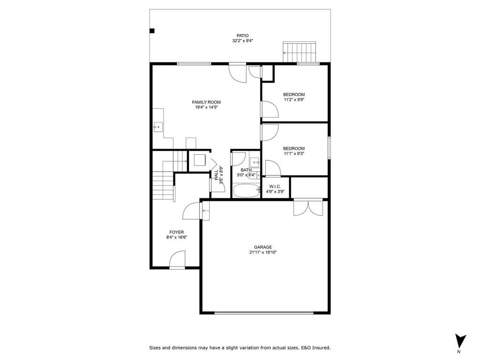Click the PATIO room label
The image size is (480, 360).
[242, 35]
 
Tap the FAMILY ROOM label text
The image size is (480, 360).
[206, 102]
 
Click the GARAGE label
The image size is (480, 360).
[263, 247]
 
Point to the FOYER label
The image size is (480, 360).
[177, 232]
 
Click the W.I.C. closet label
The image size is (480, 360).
[275, 186]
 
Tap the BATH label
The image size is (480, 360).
[246, 170]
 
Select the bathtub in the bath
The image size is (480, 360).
[246, 191]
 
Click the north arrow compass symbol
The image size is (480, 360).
[460, 341]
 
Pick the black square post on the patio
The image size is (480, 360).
[151, 31]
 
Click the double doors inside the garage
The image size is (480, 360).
[308, 207]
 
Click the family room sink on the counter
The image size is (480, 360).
[157, 126]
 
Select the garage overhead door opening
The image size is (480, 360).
[264, 313]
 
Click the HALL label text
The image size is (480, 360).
[216, 175]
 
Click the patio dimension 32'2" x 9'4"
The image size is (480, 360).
[242, 41]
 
